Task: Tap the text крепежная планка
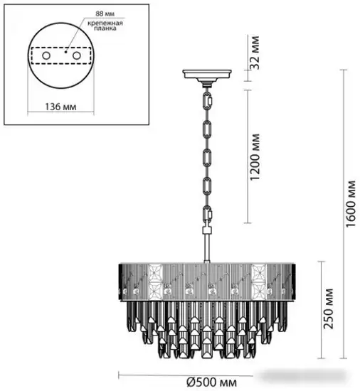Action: click(106, 26)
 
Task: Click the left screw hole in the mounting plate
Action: click(45, 55)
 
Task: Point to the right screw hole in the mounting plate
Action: click(76, 55)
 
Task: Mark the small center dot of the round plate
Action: click(64, 50)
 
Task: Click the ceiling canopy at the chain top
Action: click(206, 75)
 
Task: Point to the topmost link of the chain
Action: click(207, 100)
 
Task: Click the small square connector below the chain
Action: click(207, 231)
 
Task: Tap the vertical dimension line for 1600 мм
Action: click(342, 213)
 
